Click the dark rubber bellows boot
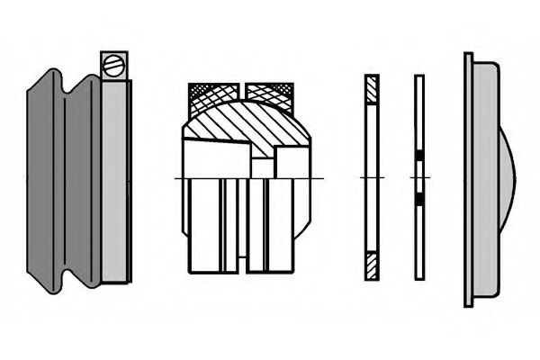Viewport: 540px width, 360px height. click(x=63, y=180)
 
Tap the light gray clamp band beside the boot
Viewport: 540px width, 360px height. click(x=114, y=180)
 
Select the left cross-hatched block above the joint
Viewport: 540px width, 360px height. click(x=213, y=93)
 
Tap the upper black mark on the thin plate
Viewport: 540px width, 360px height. click(x=418, y=158)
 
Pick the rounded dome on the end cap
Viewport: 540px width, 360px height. click(x=506, y=180)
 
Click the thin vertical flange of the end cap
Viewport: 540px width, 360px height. click(x=468, y=180)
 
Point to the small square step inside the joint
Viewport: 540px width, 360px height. click(x=262, y=167)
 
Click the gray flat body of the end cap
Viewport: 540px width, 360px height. click(x=484, y=180)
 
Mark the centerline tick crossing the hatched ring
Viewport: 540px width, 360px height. click(x=373, y=178)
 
